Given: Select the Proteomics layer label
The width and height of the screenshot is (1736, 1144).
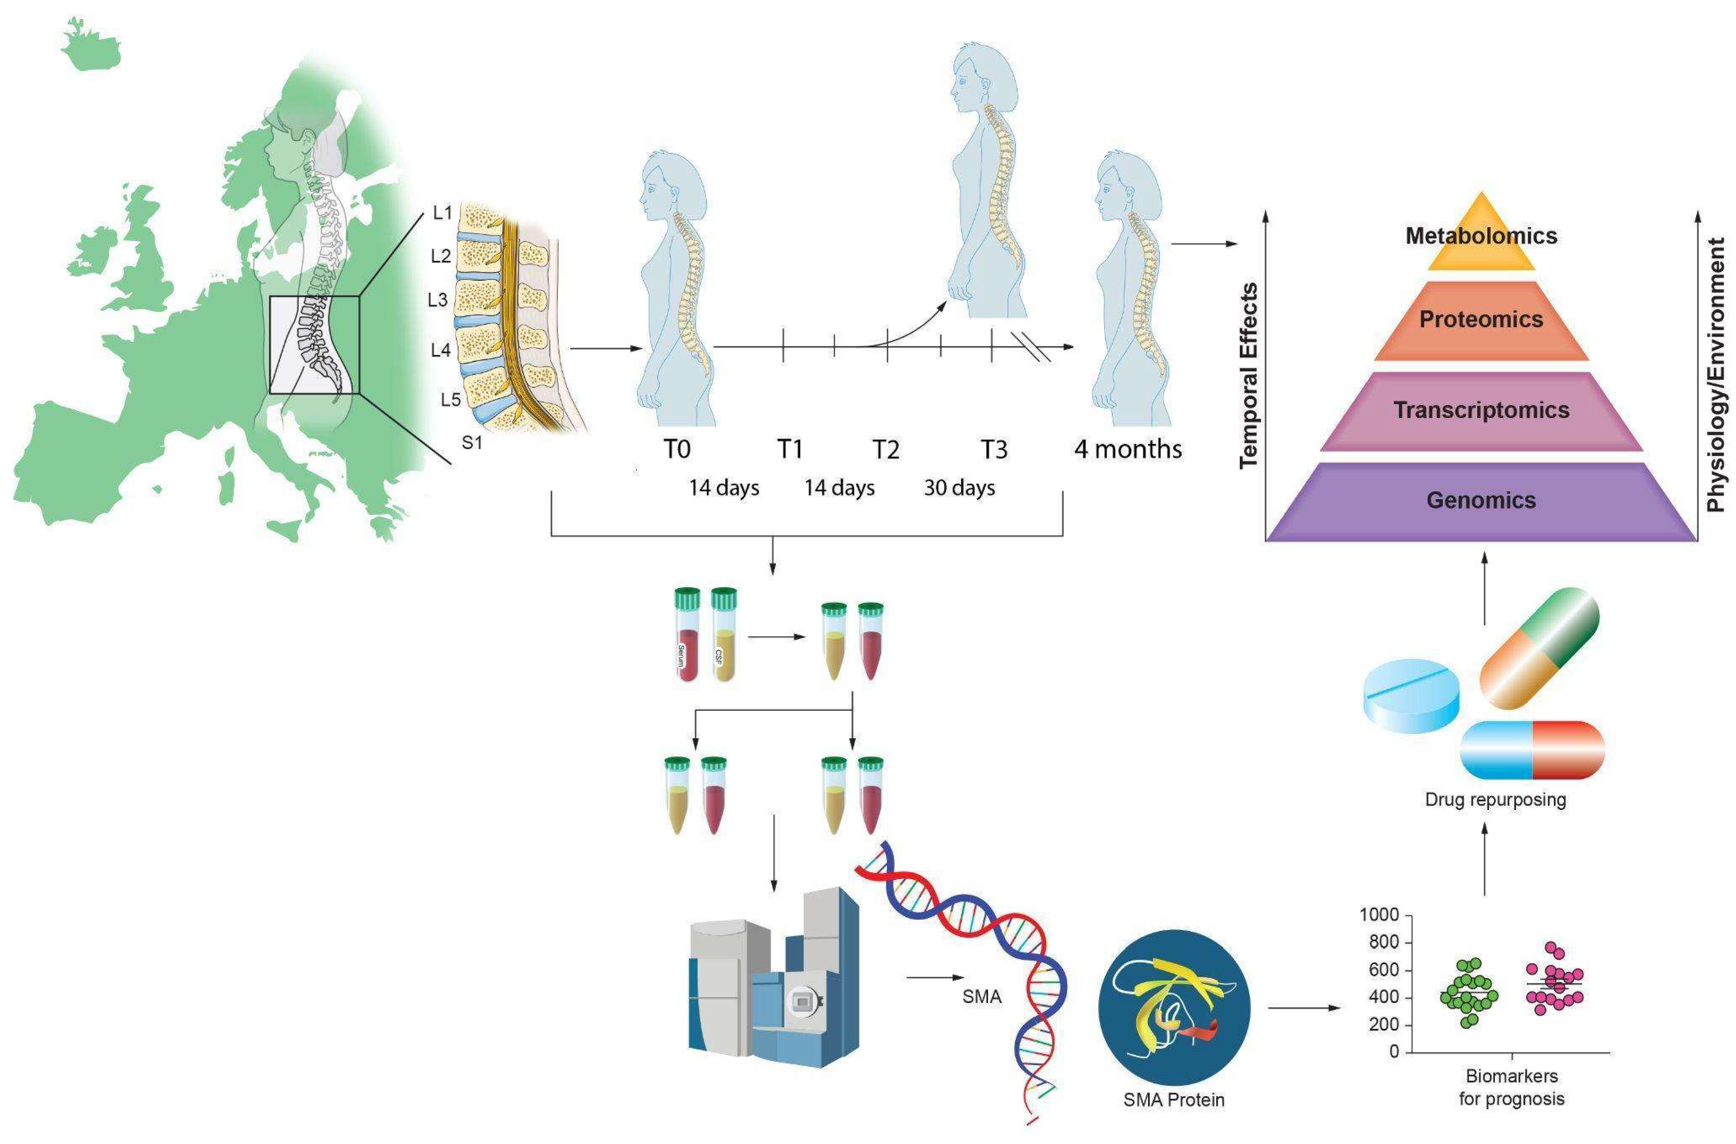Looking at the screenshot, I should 1481,320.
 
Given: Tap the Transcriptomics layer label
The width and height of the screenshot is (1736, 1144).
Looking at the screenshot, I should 1481,410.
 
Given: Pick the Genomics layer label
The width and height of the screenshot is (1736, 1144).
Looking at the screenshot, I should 1481,500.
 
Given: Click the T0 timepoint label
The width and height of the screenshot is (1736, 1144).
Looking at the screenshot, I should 677,449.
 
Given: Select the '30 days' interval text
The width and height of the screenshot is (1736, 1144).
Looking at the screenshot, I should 959,487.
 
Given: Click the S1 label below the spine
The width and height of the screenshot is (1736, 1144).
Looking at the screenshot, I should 472,442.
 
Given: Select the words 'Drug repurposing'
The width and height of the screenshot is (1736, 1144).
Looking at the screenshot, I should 1495,799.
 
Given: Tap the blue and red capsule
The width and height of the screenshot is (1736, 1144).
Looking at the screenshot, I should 1532,750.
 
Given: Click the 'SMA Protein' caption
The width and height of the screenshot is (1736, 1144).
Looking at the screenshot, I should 1173,1099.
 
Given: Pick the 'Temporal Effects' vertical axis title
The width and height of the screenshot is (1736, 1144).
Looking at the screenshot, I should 1249,376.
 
